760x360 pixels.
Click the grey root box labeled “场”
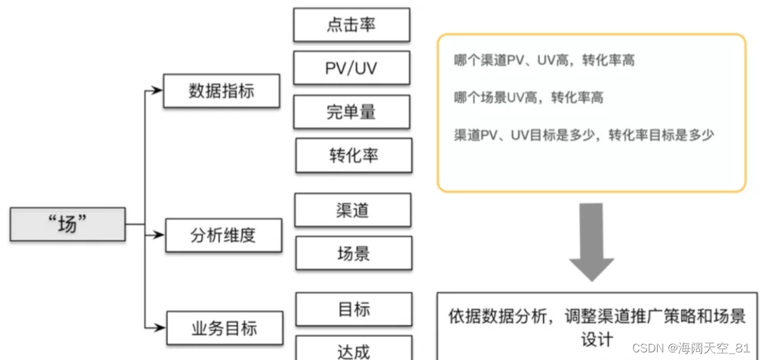coord(67,224)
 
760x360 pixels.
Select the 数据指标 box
coord(221,91)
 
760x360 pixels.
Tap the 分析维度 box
coord(223,235)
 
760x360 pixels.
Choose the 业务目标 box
coord(224,328)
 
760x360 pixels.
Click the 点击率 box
coord(351,25)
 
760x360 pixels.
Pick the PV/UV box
coord(351,67)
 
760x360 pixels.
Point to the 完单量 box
coord(351,112)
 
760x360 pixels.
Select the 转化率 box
coord(354,155)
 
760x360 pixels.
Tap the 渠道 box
coord(352,210)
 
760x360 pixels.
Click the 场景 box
coord(354,253)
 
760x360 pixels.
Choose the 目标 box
coord(354,309)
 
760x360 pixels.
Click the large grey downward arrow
coord(591,242)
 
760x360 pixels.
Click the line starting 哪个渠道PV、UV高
coord(544,61)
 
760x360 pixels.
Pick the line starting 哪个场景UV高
coord(529,98)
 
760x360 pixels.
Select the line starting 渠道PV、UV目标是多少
coord(584,135)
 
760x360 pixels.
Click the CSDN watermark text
coord(690,348)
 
